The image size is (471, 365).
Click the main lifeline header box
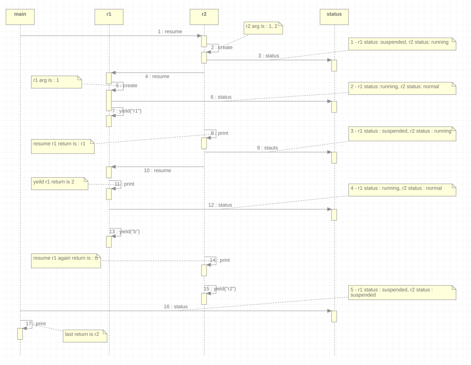pos(20,17)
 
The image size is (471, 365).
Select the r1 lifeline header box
pos(109,17)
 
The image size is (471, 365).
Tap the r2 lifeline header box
pos(204,17)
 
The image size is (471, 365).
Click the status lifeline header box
pos(334,17)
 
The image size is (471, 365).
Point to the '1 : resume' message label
pos(170,31)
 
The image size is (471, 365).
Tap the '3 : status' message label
pos(268,56)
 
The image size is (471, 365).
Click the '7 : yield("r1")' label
pos(127,111)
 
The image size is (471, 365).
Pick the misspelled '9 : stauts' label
pos(267,148)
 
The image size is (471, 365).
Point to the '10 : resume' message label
pos(157,170)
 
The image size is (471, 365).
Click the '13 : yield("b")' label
pos(125,232)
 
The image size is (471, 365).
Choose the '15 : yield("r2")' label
pos(220,289)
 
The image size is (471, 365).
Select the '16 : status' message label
pos(175,307)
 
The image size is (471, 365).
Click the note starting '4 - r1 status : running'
pos(402,190)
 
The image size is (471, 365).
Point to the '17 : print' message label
pos(36,324)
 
